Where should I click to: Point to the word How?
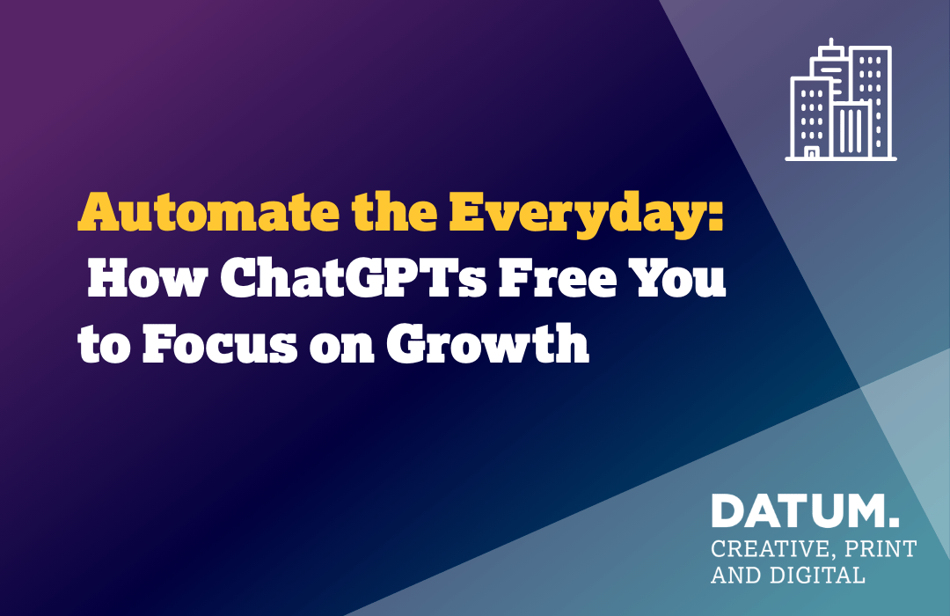point(148,277)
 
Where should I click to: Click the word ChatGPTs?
point(354,277)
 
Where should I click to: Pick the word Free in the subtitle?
point(556,277)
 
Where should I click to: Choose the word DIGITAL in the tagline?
point(817,575)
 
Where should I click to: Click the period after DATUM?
point(895,522)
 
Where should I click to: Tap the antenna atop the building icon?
point(831,43)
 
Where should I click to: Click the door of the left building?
point(811,152)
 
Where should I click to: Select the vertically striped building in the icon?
point(851,129)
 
